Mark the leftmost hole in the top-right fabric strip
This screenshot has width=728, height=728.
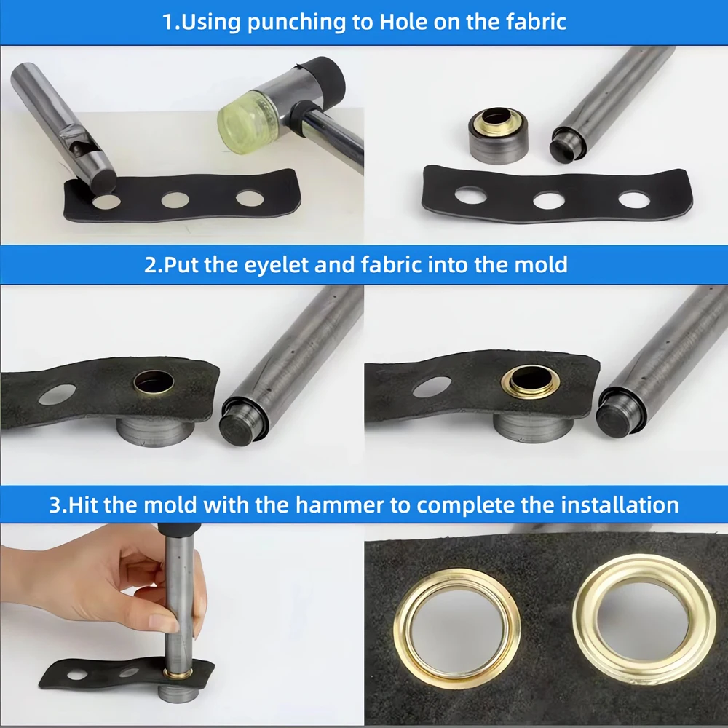pos(470,195)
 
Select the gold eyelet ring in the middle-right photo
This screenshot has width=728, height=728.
pos(531,382)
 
